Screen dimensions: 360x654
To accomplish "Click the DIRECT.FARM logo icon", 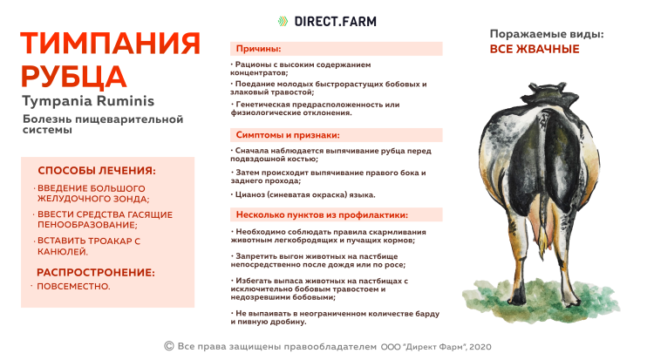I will pyautogui.click(x=282, y=21).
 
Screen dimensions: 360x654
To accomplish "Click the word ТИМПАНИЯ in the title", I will pyautogui.click(x=111, y=44).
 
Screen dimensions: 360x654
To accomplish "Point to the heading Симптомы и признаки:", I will pyautogui.click(x=288, y=135).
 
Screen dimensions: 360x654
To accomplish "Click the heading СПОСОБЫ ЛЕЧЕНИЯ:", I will pyautogui.click(x=97, y=171).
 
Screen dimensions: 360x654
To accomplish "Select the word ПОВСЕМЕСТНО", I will pyautogui.click(x=72, y=286).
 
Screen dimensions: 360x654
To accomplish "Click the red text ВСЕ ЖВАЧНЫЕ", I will pyautogui.click(x=535, y=49).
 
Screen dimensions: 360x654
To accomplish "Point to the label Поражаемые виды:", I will pyautogui.click(x=547, y=34).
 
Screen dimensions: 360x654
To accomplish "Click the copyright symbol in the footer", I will pyautogui.click(x=168, y=346).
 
